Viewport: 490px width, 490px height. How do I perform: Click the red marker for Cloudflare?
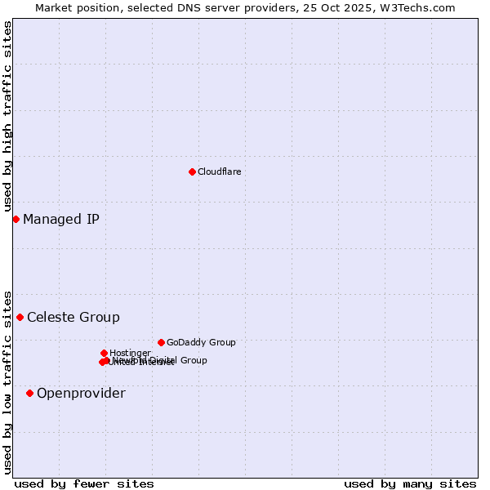[192, 171]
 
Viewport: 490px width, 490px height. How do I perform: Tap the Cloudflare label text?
[219, 171]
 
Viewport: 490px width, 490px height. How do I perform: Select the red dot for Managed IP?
[16, 219]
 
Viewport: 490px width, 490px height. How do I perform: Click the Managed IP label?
[61, 219]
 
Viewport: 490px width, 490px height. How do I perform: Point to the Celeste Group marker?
[20, 317]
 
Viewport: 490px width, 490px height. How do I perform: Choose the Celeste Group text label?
[73, 317]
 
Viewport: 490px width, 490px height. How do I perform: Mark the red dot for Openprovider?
[29, 393]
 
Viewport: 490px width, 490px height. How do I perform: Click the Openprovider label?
[81, 393]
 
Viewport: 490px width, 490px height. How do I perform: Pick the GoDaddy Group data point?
[161, 342]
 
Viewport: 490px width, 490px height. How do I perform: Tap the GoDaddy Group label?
[201, 342]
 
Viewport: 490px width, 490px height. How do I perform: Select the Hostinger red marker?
[104, 353]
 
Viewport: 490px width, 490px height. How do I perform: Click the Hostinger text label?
[130, 353]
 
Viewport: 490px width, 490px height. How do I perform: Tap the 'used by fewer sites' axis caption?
[84, 483]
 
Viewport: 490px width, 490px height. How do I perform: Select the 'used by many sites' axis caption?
[409, 483]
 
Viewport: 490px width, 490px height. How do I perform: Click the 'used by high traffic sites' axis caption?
[7, 116]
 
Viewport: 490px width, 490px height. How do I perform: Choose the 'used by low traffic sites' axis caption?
[7, 382]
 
